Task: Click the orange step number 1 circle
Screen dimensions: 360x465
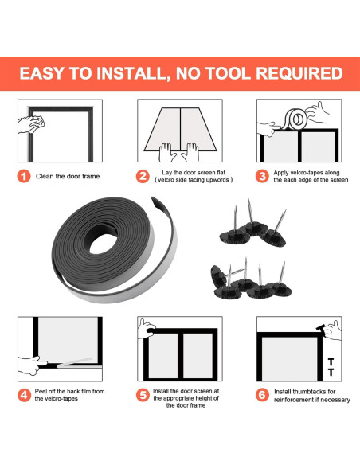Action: point(24,176)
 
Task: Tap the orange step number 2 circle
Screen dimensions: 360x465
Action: point(143,176)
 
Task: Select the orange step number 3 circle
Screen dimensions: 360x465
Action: point(262,176)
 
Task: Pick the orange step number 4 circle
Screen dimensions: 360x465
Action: point(24,395)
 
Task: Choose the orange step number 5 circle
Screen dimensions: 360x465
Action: point(143,395)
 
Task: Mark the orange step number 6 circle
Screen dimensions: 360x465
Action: point(262,395)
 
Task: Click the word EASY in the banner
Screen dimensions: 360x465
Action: point(41,73)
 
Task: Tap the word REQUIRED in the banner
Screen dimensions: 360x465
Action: point(299,73)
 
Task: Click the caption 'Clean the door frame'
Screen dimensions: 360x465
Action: point(68,176)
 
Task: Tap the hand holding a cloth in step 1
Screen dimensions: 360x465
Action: point(31,124)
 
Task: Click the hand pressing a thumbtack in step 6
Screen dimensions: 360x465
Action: point(332,330)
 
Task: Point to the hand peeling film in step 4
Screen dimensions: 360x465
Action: point(32,365)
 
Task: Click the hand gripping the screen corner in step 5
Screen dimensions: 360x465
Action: point(147,329)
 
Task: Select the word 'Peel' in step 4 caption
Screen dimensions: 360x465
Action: point(41,392)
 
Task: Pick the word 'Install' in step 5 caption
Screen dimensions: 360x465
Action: point(161,391)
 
